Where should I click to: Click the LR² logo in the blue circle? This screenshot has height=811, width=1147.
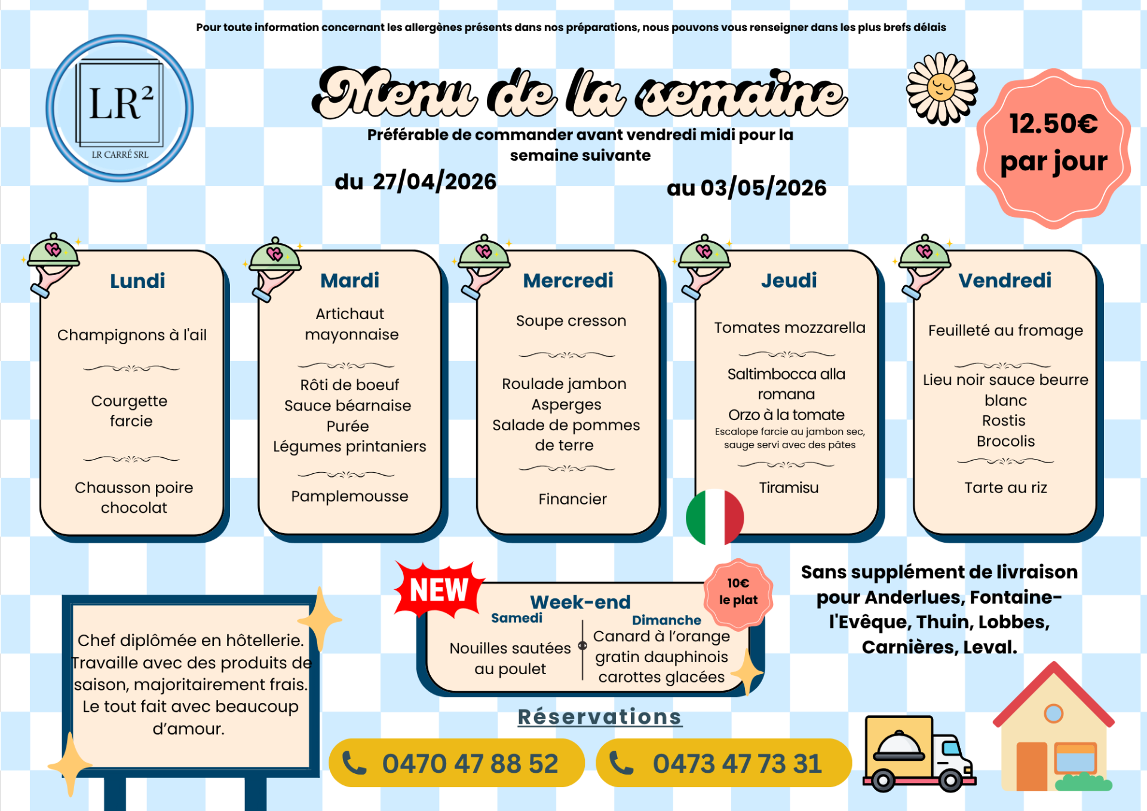119,108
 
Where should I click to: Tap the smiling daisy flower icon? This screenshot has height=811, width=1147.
941,88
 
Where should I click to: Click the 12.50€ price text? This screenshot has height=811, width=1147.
1053,124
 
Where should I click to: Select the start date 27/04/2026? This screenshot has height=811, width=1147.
434,181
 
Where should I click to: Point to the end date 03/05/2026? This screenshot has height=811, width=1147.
763,188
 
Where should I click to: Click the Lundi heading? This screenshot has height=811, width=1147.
137,281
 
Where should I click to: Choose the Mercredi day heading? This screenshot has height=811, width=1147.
568,280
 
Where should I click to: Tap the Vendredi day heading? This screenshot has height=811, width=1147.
1005,280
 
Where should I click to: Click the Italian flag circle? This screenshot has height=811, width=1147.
715,518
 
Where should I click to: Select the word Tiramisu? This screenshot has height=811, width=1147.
789,488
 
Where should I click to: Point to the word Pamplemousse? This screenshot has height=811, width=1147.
349,496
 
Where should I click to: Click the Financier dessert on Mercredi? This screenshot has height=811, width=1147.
572,499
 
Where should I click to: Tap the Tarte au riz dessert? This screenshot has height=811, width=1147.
1005,488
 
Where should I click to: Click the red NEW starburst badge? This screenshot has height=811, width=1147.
439,590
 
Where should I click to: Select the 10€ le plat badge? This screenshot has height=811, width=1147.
738,592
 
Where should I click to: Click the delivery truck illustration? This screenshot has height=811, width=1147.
918,754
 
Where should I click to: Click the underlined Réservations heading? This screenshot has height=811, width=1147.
599,717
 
